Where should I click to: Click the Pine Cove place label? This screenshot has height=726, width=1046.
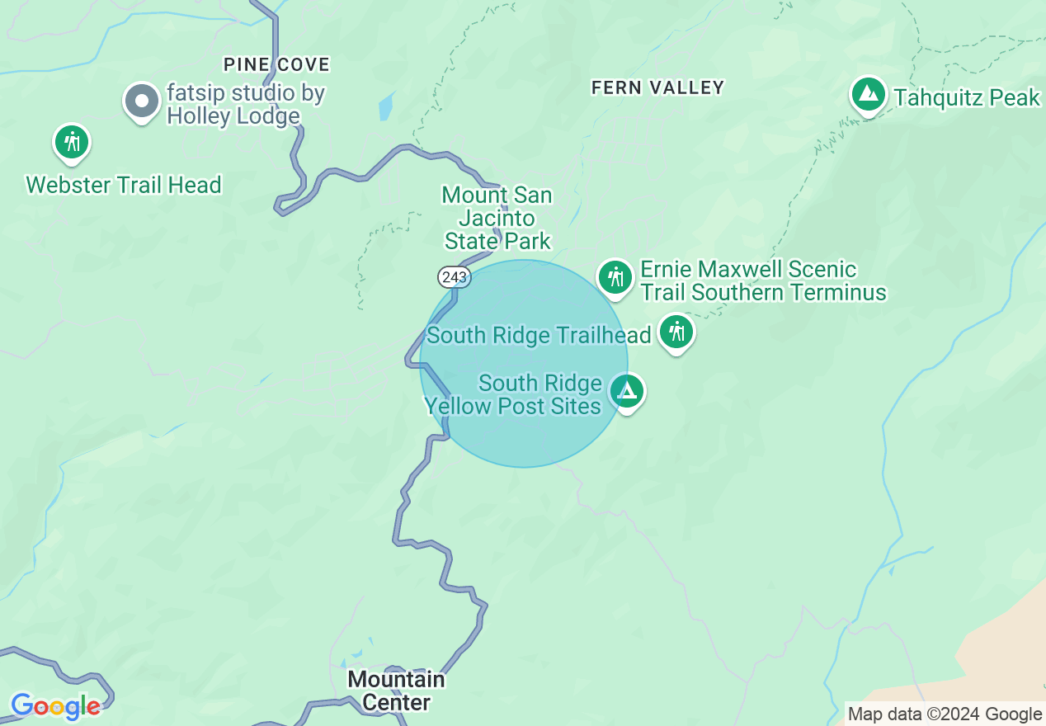(x=276, y=64)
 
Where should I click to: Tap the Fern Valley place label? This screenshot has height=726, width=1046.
(x=657, y=87)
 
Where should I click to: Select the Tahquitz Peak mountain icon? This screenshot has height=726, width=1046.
(x=868, y=94)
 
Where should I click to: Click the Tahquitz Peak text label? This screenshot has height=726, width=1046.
(x=967, y=97)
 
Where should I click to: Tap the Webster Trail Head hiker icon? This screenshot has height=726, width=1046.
(x=72, y=142)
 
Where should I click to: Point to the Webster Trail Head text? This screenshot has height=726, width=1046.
(x=124, y=184)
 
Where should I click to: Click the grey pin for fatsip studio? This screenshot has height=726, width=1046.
(x=142, y=101)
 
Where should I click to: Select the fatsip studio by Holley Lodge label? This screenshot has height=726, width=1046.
(x=245, y=105)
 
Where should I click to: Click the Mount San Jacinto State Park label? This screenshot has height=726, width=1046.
(x=497, y=218)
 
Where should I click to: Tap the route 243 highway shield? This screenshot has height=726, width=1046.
(x=454, y=277)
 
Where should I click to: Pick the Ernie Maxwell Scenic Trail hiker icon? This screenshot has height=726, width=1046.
(x=615, y=276)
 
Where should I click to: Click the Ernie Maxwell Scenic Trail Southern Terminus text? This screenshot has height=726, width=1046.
(x=763, y=280)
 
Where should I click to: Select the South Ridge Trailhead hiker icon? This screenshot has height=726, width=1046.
(x=676, y=332)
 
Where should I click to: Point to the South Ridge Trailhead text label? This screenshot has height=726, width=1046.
(x=539, y=335)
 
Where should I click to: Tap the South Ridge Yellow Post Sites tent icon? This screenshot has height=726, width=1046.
(x=627, y=391)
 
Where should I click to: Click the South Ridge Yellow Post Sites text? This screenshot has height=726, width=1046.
(x=513, y=394)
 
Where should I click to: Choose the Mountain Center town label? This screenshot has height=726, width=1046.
(x=396, y=691)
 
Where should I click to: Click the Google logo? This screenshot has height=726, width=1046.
(x=55, y=706)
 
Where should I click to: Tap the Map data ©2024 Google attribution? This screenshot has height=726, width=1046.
(x=945, y=714)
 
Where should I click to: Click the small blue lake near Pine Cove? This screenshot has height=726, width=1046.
(x=386, y=107)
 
